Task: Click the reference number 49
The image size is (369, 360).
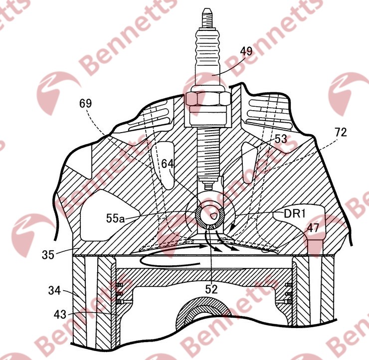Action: click(x=246, y=51)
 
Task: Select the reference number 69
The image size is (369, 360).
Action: click(x=85, y=103)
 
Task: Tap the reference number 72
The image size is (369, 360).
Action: click(x=341, y=133)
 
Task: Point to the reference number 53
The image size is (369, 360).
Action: click(x=281, y=139)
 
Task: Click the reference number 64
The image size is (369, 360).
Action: click(x=168, y=164)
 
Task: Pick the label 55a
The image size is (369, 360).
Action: click(x=115, y=218)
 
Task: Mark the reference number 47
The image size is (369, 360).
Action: click(x=313, y=227)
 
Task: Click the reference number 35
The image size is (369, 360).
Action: click(x=48, y=255)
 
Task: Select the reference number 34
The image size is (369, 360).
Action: click(x=54, y=291)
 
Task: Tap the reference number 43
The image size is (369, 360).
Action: click(x=60, y=314)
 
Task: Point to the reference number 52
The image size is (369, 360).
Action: click(x=211, y=289)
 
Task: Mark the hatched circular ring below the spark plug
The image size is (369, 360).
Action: click(x=210, y=215)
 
